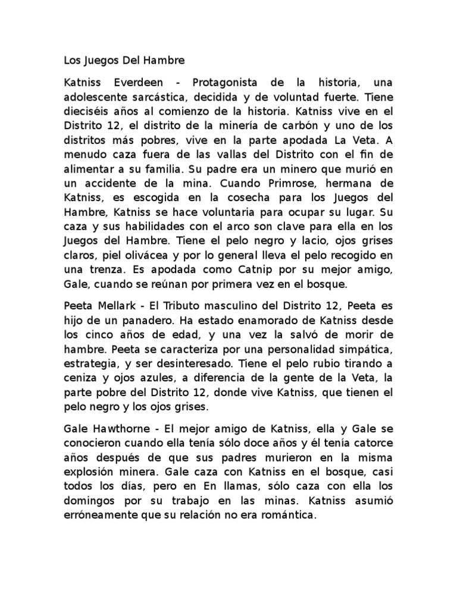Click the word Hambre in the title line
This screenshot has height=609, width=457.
(x=162, y=60)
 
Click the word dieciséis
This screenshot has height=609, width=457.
(x=87, y=109)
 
